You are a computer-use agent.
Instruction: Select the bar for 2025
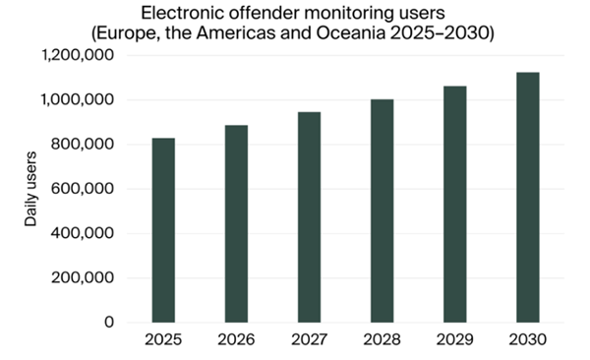pos(163,230)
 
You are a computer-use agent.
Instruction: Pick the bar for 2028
pos(382,210)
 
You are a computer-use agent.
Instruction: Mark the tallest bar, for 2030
pos(528,197)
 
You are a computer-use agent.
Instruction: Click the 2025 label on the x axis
pos(163,341)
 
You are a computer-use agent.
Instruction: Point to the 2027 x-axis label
pos(309,341)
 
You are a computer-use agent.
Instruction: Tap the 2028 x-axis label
pos(382,341)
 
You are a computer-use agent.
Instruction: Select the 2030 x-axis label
pos(528,341)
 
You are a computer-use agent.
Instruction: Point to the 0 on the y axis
pos(110,322)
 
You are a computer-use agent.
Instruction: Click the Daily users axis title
pos(30,190)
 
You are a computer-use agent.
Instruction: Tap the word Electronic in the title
pos(181,13)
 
